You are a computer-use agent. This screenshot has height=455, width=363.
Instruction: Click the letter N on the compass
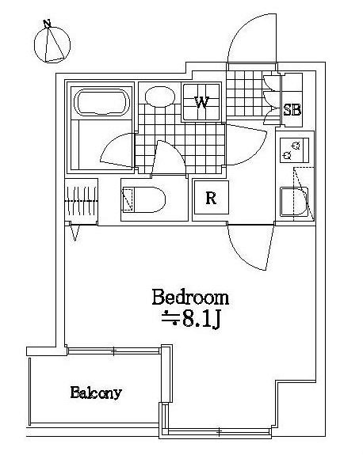tap(47, 23)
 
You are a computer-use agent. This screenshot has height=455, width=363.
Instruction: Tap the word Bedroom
tap(190, 297)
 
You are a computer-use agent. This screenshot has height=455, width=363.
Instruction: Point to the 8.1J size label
tap(190, 319)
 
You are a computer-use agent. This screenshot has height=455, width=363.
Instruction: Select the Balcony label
tap(96, 393)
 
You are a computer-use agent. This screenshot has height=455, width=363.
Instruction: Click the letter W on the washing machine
tap(201, 102)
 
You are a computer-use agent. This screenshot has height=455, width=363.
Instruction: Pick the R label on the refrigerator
tap(211, 199)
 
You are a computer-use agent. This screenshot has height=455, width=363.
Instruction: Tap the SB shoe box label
tap(292, 110)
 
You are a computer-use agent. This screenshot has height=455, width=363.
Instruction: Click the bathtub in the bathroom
tap(101, 102)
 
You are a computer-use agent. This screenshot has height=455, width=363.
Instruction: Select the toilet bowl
tap(144, 199)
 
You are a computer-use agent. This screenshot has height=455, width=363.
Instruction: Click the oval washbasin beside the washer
tap(160, 97)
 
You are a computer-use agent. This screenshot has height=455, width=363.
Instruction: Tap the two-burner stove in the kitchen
tap(294, 150)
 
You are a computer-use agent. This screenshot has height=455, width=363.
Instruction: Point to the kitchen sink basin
tap(294, 202)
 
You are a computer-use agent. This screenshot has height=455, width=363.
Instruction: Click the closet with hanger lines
tap(81, 201)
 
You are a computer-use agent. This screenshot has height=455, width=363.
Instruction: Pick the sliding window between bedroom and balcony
tap(113, 351)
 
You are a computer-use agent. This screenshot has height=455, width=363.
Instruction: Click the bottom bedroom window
tap(220, 433)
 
